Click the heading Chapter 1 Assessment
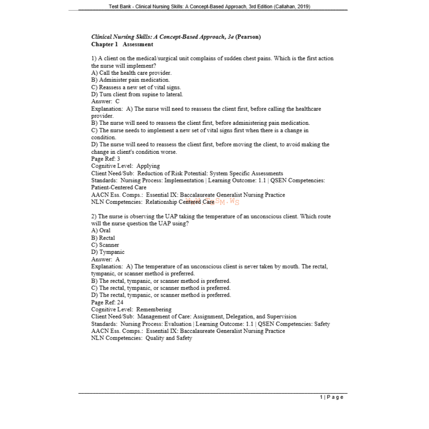point(122,44)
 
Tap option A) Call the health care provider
point(131,73)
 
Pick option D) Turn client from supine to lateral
point(137,94)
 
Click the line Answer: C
point(105,101)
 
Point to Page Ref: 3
point(106,159)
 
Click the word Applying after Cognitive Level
point(148,166)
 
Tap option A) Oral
point(101,230)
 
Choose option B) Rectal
point(103,238)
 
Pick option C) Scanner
point(105,245)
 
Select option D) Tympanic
point(108,252)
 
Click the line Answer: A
point(105,259)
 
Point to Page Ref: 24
point(107,302)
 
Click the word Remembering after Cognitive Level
point(154,309)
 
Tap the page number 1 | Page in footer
point(332,397)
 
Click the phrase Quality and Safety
point(169,338)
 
